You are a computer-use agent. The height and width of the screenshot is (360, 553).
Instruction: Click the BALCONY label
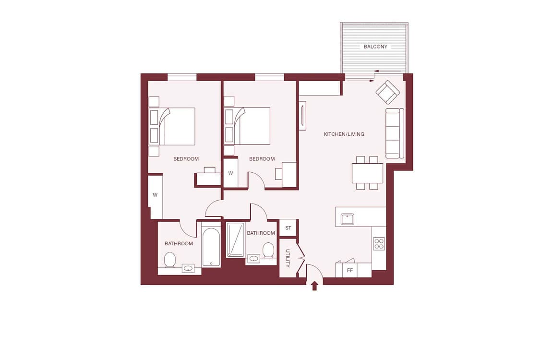375,47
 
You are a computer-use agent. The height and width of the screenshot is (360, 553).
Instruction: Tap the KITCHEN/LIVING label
344,134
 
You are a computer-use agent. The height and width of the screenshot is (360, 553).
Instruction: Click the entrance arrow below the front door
315,285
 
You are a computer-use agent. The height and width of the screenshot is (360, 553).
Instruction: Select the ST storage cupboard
288,228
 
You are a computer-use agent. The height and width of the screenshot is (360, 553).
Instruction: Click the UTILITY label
288,258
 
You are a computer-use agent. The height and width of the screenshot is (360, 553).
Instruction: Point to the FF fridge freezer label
350,270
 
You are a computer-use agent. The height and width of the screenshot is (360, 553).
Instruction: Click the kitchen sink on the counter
348,219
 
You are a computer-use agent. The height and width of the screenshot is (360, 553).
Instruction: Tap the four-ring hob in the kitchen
379,244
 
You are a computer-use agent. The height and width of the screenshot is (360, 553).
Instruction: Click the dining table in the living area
367,173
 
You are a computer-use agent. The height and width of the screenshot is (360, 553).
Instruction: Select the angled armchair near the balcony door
387,92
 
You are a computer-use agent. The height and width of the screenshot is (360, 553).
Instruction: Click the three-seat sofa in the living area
395,133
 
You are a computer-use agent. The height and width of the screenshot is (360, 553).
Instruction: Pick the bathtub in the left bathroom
211,247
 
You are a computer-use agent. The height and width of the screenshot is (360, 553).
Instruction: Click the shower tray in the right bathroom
235,240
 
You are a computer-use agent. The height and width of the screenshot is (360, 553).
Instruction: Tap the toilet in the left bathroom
170,260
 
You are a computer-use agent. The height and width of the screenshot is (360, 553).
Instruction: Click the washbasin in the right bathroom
254,259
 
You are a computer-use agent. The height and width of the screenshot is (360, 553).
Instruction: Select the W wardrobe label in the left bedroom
155,195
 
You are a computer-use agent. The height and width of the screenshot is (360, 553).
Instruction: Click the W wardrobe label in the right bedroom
230,173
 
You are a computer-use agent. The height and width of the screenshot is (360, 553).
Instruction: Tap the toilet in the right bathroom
268,250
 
